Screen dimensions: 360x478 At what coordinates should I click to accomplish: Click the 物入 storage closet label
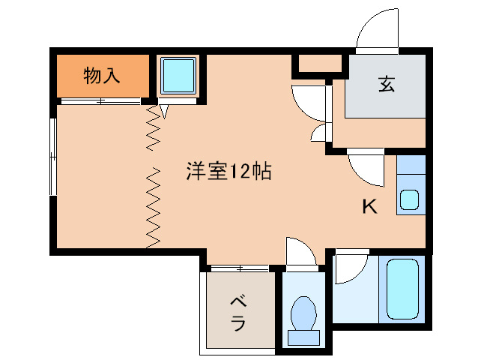pyautogui.click(x=101, y=76)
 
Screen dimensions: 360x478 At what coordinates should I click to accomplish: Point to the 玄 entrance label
pyautogui.click(x=386, y=84)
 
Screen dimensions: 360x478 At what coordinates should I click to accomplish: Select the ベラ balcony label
pyautogui.click(x=238, y=313)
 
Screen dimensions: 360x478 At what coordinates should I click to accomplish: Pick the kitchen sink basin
pyautogui.click(x=409, y=199)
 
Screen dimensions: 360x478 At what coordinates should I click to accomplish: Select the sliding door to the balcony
pyautogui.click(x=239, y=267)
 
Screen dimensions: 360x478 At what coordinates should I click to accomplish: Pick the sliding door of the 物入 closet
pyautogui.click(x=101, y=100)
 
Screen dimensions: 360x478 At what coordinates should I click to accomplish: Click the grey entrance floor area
pyautogui.click(x=386, y=94)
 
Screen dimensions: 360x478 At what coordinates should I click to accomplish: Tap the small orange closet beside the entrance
pyautogui.click(x=320, y=64)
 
